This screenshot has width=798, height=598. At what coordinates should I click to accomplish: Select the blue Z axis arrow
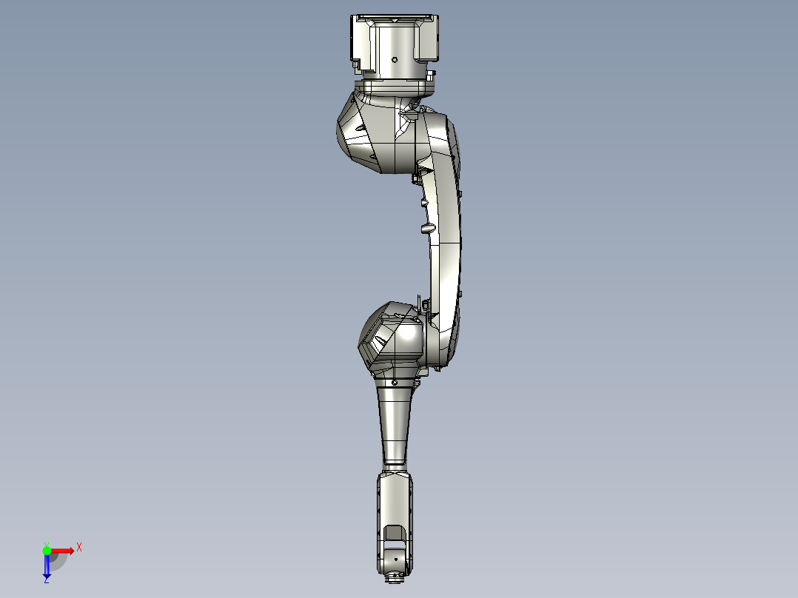click(47, 566)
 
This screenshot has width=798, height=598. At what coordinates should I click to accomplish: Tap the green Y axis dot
click(47, 551)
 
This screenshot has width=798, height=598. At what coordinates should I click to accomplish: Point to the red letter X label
click(78, 547)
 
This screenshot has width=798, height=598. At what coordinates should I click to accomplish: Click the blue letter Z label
click(46, 580)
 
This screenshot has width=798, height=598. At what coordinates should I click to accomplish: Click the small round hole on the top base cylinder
click(395, 60)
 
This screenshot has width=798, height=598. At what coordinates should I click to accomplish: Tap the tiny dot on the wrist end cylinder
click(395, 557)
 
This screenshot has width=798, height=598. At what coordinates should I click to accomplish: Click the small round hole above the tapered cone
click(395, 383)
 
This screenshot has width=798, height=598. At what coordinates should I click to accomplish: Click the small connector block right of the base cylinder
click(431, 75)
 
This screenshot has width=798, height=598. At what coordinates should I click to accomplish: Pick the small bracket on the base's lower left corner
click(359, 69)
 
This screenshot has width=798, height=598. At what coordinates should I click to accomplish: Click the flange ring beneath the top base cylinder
click(394, 87)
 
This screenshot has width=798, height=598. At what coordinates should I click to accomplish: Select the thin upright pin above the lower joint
click(419, 301)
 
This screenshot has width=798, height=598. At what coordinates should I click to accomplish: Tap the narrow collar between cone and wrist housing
click(395, 467)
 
